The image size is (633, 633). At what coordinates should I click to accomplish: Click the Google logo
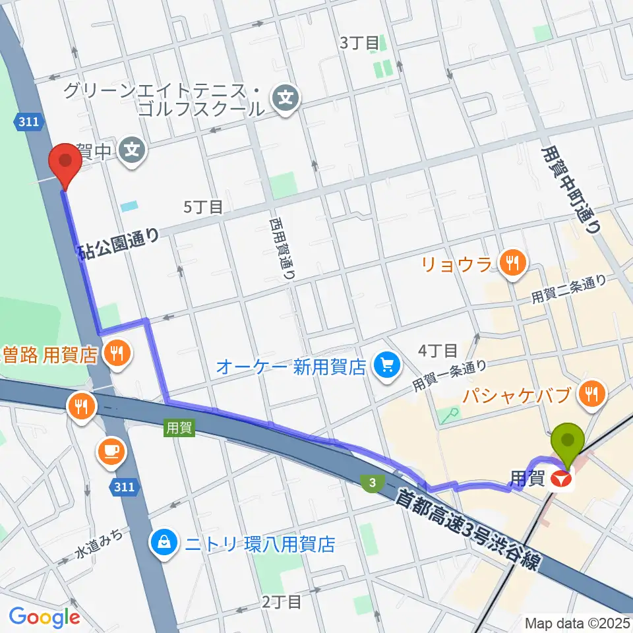44,617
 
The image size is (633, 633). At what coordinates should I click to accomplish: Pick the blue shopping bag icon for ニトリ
161,543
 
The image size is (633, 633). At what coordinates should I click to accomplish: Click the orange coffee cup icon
109,450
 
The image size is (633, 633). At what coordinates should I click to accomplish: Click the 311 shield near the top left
30,121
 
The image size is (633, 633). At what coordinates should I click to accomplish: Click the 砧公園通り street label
118,242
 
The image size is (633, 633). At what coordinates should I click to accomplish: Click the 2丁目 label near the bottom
282,601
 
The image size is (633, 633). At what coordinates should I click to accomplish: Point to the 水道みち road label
98,540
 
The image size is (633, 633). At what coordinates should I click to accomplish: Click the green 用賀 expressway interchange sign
178,428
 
